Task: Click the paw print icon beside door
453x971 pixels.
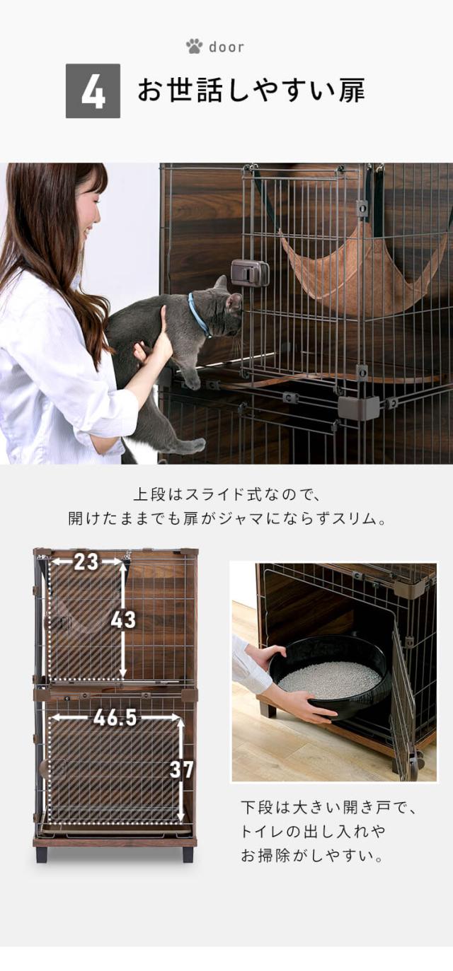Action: pos(194,46)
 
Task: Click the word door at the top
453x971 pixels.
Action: pos(226,47)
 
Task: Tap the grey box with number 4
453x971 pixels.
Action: pos(93,91)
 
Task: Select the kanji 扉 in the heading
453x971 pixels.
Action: pos(352,91)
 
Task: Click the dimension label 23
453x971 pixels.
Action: pos(86,562)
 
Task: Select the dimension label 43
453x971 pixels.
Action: pos(123,620)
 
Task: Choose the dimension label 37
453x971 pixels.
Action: pos(181,769)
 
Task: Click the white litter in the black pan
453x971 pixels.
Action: pos(330,680)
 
